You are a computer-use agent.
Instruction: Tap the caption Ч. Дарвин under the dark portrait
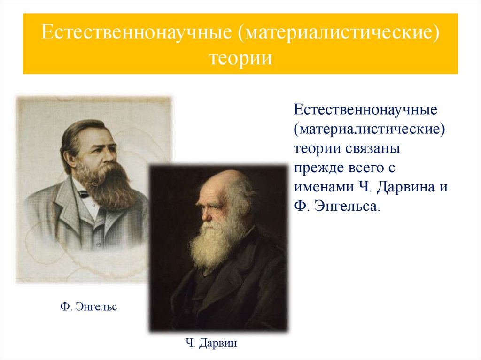click(211, 343)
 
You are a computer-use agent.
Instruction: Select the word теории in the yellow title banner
click(240, 59)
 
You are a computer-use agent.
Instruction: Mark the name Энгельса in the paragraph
click(346, 206)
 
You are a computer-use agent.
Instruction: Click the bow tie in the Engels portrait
click(84, 193)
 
